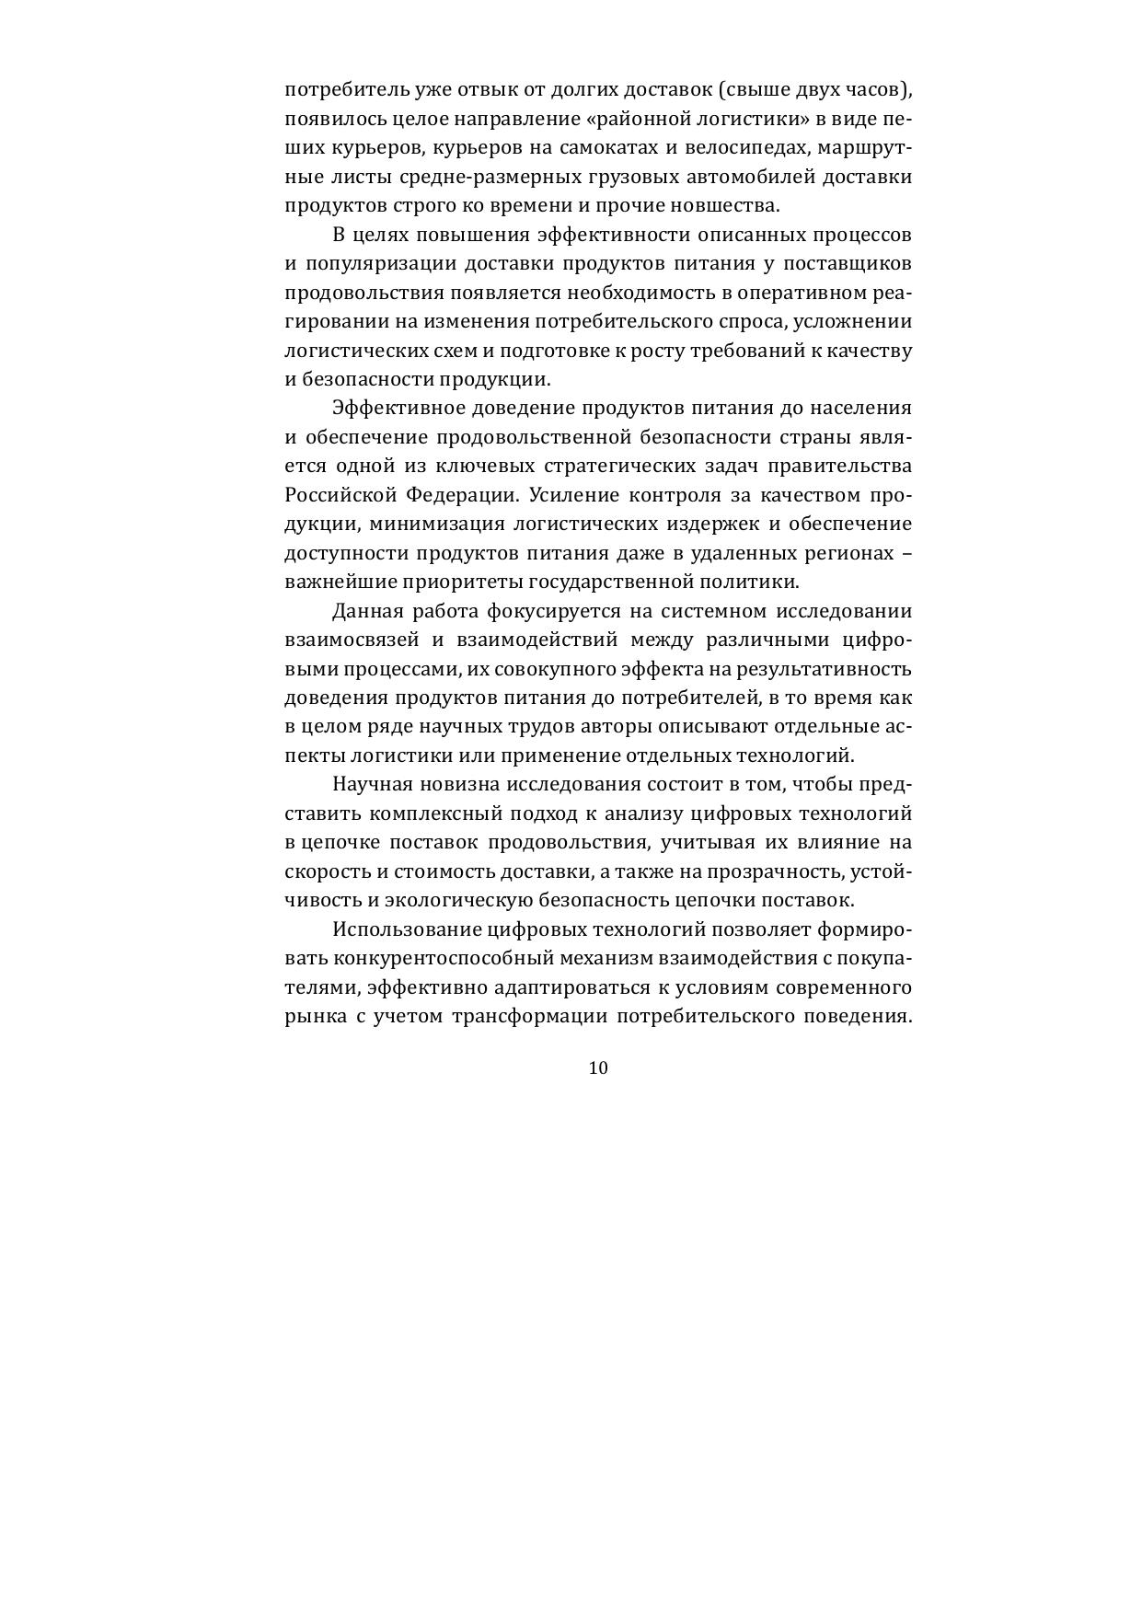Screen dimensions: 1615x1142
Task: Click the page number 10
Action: click(597, 1068)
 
